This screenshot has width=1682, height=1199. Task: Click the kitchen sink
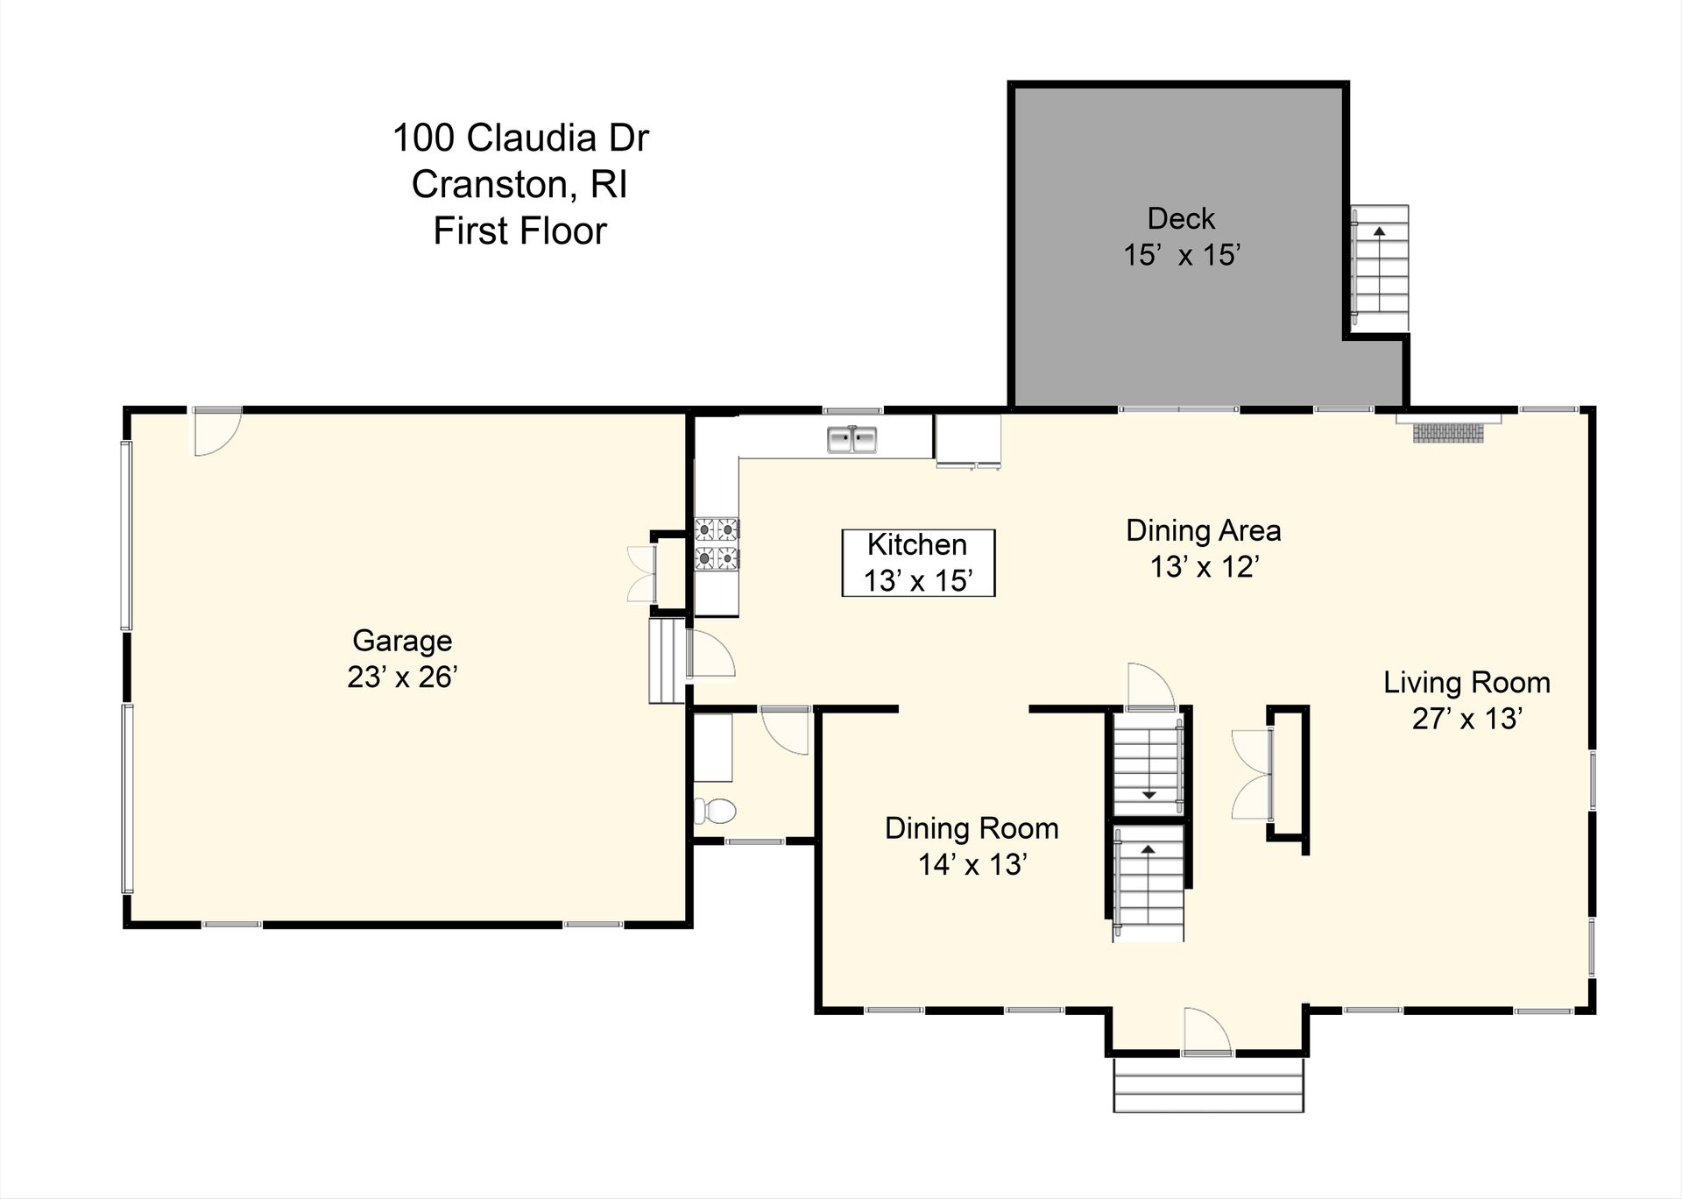852,439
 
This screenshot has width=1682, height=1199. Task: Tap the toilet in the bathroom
715,811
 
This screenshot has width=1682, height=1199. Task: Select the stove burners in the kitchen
717,543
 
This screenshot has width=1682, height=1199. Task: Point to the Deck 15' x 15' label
1182,237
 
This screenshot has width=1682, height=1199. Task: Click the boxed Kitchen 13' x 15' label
918,563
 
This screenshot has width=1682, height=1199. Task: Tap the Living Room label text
1466,683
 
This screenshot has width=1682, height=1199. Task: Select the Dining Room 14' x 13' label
972,846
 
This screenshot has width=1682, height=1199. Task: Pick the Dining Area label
1203,530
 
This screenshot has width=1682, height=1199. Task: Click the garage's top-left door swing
216,433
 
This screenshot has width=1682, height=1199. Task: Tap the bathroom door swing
786,729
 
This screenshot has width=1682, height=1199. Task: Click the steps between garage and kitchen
666,661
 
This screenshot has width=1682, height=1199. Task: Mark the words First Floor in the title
519,231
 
